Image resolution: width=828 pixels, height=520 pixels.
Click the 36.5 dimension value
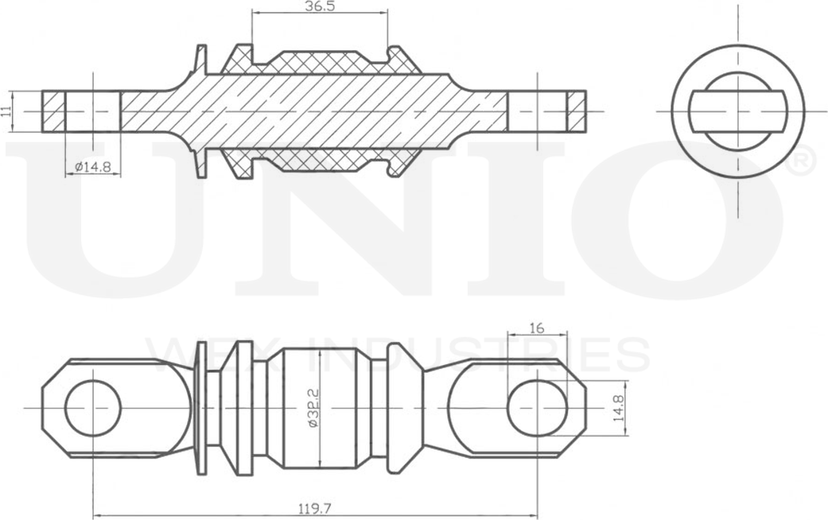point(319,6)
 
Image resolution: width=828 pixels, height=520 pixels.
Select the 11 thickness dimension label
point(7,111)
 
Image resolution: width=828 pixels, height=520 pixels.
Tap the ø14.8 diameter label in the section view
point(93,166)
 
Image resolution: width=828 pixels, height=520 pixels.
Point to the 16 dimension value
point(536,327)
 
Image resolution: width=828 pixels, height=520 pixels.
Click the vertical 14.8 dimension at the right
point(618,408)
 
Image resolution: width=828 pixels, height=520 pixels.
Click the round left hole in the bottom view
point(93,408)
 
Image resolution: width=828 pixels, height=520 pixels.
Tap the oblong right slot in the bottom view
point(537,408)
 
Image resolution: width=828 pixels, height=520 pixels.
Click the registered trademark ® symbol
point(803,161)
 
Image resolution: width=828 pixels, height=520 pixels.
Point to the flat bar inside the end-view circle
point(737,111)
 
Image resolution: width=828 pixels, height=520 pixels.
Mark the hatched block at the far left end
point(53,111)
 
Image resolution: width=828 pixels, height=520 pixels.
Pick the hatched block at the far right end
point(577,111)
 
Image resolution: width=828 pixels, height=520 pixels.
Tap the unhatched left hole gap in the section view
point(93,111)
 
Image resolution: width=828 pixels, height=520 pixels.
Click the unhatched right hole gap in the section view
point(537,111)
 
